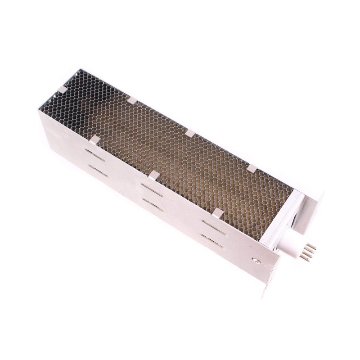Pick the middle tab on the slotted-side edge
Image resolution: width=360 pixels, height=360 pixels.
tap(154, 175)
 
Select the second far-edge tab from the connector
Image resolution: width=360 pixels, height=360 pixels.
tap(189, 133)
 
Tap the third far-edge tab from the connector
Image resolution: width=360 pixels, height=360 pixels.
tap(132, 100)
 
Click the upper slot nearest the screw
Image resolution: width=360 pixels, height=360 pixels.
tap(212, 224)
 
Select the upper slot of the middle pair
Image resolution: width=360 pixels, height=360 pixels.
tap(152, 188)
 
